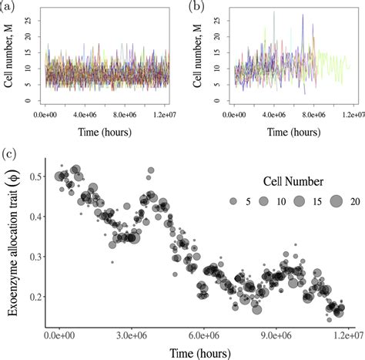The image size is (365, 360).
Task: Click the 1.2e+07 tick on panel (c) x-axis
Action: (349, 336)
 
